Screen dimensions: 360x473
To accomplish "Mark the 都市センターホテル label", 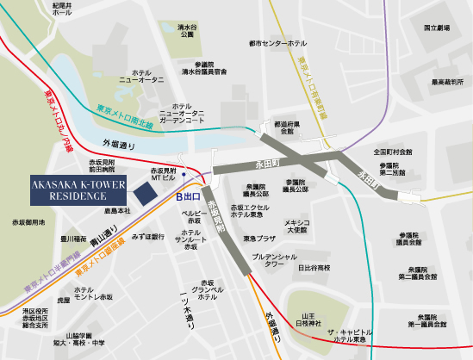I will point(276,41).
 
